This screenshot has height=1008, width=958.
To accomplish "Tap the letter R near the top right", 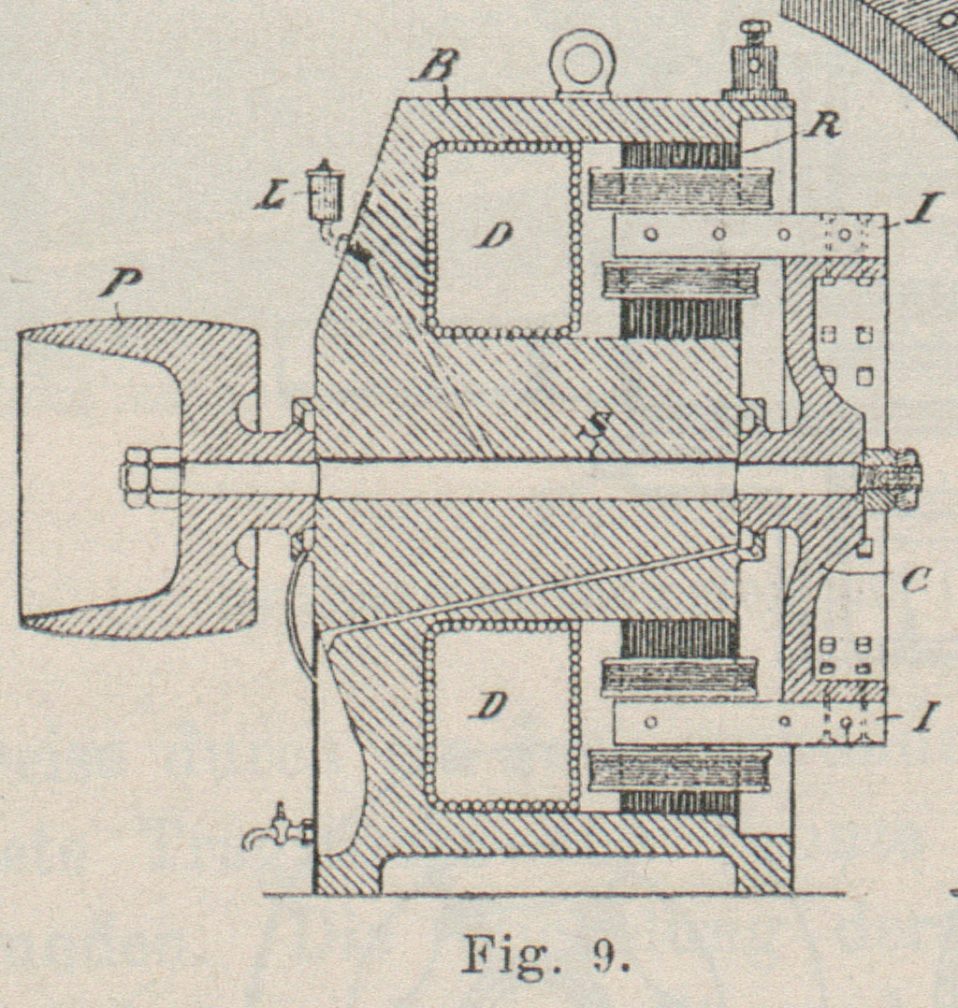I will coord(822,128).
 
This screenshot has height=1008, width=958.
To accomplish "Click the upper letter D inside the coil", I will coord(494,235).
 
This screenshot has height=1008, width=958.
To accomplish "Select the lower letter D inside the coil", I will coord(491,707).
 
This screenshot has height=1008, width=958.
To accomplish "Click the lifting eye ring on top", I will coord(581,62).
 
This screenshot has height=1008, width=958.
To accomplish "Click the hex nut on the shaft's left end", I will coord(150,477).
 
